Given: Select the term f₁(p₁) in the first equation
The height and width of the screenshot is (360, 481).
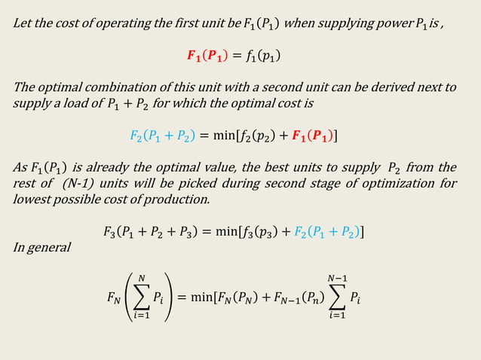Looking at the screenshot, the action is click(266, 56).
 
